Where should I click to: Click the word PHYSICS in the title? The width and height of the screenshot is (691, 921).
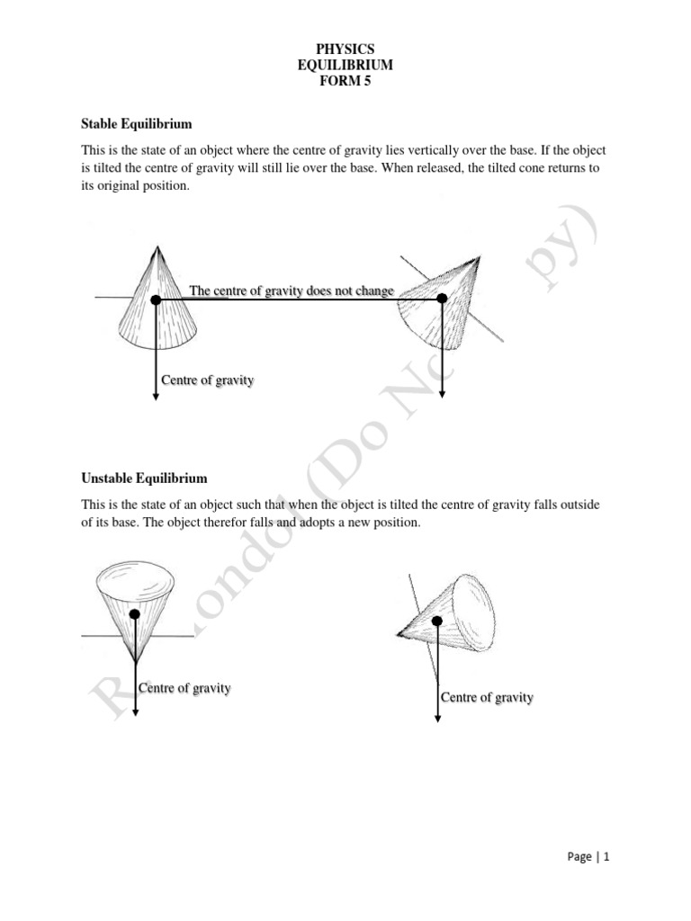[x=345, y=49]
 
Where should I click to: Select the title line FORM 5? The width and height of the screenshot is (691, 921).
[x=345, y=83]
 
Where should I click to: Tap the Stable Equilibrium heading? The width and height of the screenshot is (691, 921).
[x=137, y=122]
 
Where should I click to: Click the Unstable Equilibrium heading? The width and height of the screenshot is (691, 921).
[x=144, y=478]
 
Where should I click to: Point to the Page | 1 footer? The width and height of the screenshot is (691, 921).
[x=589, y=857]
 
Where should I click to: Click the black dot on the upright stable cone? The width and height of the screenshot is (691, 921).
[x=157, y=299]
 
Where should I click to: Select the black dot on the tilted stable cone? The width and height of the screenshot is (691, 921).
[x=442, y=299]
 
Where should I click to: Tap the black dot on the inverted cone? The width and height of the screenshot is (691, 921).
[x=134, y=614]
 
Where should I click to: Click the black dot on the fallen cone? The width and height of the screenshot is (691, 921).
[x=437, y=620]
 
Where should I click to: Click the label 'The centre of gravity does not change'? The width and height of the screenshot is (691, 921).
[x=292, y=291]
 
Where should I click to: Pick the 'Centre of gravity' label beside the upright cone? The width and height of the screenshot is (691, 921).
[x=207, y=380]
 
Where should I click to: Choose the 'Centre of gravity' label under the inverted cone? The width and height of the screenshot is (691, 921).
[x=184, y=688]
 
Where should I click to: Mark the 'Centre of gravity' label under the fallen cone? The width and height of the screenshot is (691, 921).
[x=487, y=698]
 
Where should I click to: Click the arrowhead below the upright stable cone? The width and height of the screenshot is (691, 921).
[x=157, y=396]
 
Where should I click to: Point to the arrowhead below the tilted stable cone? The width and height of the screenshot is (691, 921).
[x=442, y=396]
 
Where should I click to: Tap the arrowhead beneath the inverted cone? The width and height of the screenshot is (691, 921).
[x=134, y=712]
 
